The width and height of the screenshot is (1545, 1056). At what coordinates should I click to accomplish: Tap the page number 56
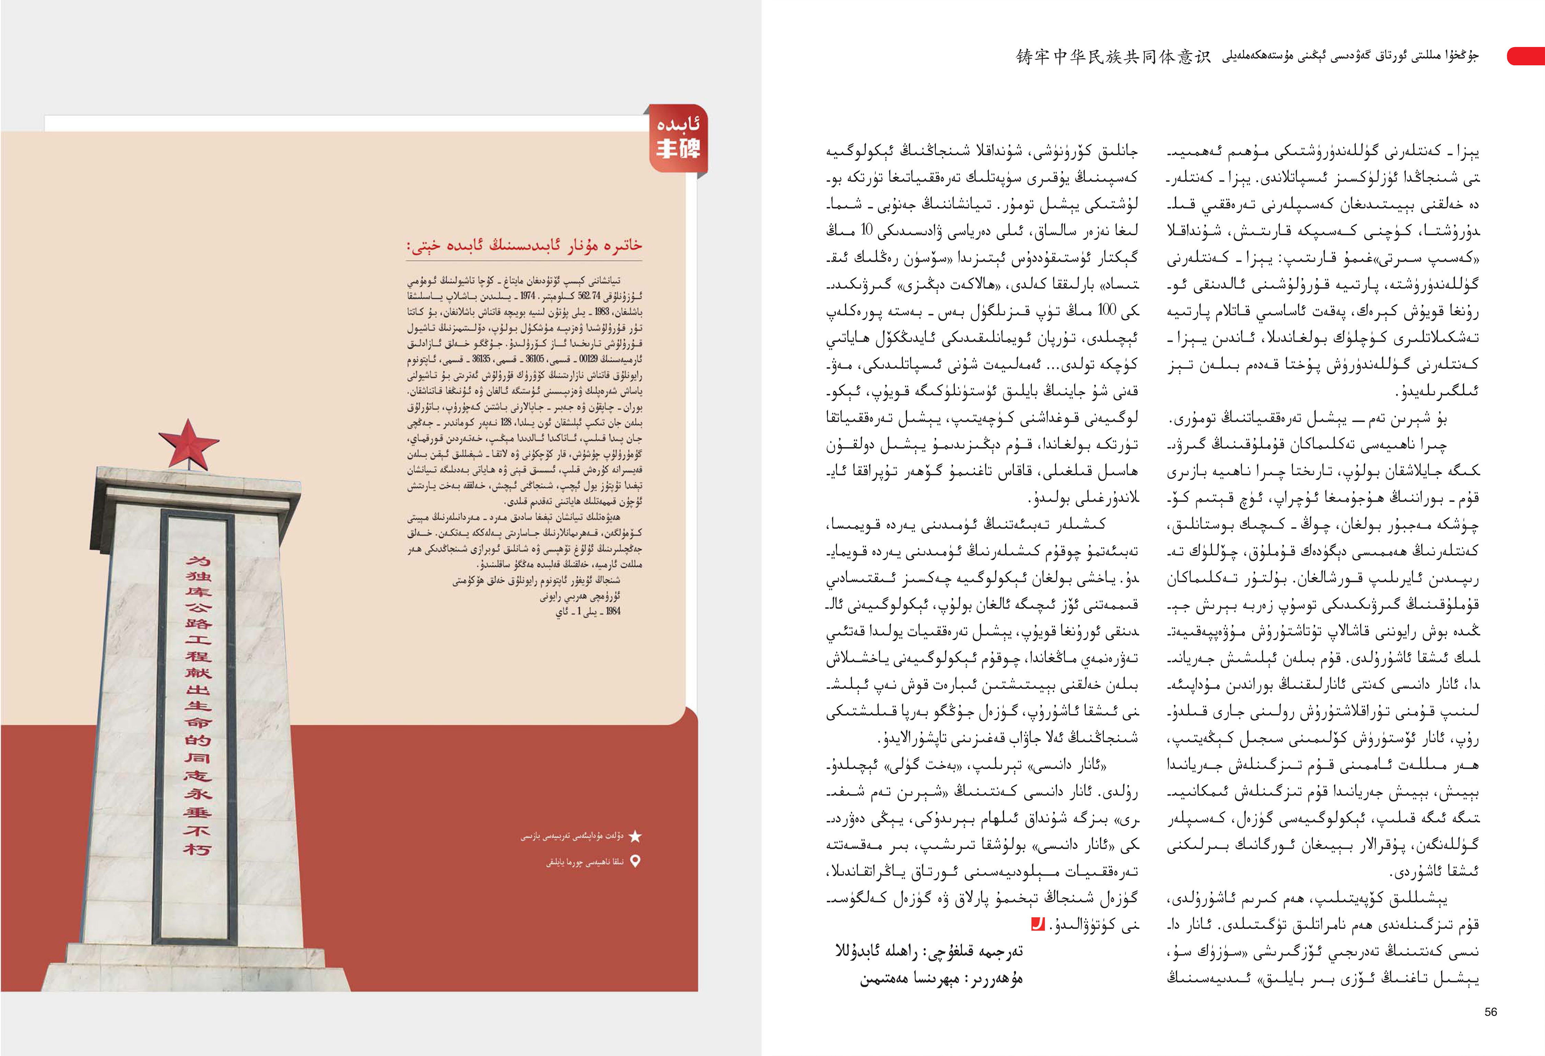tap(1490, 1011)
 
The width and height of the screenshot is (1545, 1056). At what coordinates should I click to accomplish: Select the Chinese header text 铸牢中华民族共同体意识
tap(1113, 57)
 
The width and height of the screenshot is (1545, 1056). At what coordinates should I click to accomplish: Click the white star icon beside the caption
tap(636, 836)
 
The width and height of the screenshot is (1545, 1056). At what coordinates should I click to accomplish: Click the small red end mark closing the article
tap(1037, 924)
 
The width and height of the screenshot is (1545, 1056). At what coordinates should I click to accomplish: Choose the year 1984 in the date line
tap(613, 611)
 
